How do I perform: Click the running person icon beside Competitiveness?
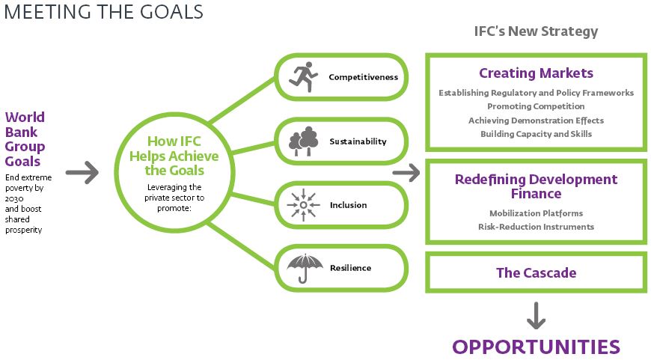click(303, 77)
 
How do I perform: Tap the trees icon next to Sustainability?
click(304, 141)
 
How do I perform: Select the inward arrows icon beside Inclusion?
click(304, 205)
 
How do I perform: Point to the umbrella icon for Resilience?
click(305, 268)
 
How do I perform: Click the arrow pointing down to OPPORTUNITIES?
click(536, 316)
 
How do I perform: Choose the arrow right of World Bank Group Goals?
click(82, 172)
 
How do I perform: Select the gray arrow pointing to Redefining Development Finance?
click(406, 172)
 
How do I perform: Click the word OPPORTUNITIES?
click(536, 347)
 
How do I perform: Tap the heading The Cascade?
click(536, 272)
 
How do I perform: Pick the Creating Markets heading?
click(536, 73)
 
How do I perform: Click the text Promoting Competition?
click(536, 106)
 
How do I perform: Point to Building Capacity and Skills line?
click(536, 134)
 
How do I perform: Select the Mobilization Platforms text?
click(536, 213)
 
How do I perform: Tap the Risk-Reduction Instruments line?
click(536, 227)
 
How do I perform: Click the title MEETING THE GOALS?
click(103, 12)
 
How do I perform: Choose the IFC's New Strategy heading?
click(536, 31)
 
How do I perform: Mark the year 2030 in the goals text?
click(14, 199)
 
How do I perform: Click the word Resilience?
click(350, 268)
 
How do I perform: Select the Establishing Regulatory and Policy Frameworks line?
click(536, 93)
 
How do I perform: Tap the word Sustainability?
click(358, 141)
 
